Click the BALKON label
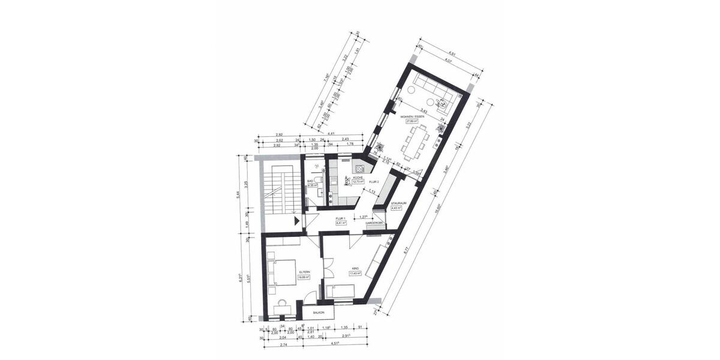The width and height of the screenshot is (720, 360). tap(319, 313)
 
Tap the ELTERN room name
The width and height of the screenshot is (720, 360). tap(304, 272)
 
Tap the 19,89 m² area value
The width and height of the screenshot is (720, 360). tap(304, 277)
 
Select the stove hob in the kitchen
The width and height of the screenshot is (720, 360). tap(361, 168)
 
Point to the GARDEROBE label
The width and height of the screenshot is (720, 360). tap(374, 223)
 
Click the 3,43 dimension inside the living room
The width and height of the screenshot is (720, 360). tap(424, 110)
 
